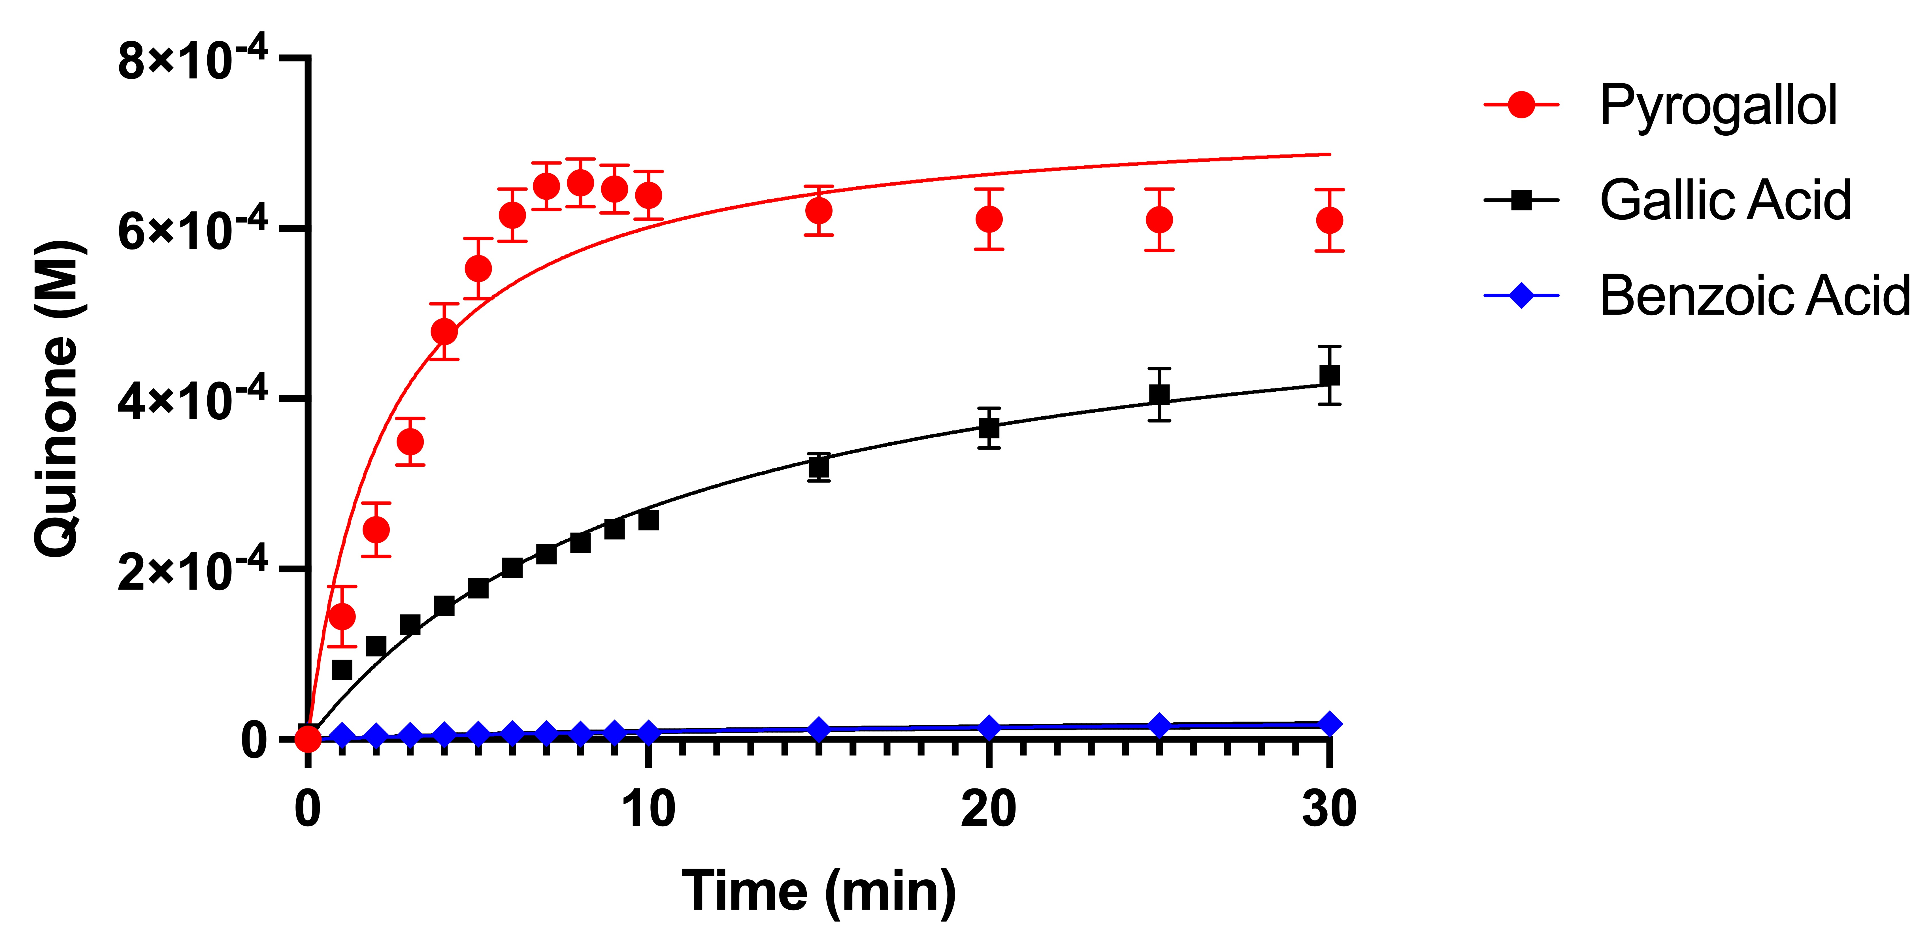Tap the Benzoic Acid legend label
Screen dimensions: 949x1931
tap(1754, 295)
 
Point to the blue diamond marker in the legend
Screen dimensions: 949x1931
tap(1521, 295)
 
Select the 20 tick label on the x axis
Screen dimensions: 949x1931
tap(989, 810)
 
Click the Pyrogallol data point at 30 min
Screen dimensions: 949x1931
tap(1329, 220)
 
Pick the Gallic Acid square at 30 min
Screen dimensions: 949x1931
tap(1329, 376)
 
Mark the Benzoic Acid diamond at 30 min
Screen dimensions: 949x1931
tap(1329, 724)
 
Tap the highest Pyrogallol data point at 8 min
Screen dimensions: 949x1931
tap(580, 183)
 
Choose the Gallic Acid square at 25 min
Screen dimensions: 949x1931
tap(1159, 394)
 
